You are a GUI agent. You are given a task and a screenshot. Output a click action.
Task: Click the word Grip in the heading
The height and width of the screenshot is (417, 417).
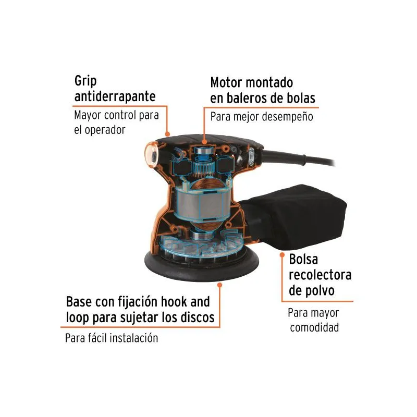85,81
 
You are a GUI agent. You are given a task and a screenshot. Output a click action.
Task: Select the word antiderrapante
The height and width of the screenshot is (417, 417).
115,96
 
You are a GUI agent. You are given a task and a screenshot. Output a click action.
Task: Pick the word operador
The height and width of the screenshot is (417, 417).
105,130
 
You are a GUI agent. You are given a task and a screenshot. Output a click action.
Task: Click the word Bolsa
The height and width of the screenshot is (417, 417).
303,259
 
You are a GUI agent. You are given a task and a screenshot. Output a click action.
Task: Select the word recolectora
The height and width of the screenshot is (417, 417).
320,275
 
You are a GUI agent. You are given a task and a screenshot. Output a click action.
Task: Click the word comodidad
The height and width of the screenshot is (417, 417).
314,328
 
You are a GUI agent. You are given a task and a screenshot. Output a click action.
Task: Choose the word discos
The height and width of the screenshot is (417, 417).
198,317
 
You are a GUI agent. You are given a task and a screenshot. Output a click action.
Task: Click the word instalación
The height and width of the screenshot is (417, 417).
134,338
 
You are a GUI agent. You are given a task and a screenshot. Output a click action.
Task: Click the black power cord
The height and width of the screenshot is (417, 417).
298,158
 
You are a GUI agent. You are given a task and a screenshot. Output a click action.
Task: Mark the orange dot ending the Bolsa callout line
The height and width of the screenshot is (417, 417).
282,255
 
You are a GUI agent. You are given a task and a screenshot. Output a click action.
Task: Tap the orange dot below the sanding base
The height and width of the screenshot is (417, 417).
219,285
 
